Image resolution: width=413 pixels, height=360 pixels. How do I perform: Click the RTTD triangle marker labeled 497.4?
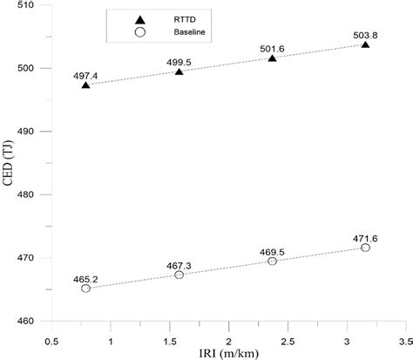[x=85, y=85]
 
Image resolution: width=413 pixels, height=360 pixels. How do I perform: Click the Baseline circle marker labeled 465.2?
[x=85, y=289]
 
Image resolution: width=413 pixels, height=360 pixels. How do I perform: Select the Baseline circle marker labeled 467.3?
[x=179, y=275]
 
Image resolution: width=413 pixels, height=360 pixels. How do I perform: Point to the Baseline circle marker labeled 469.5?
[x=272, y=261]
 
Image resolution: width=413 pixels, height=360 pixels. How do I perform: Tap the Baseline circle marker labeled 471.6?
[x=365, y=248]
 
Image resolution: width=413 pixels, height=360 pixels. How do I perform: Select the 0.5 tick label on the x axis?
[x=51, y=334]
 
